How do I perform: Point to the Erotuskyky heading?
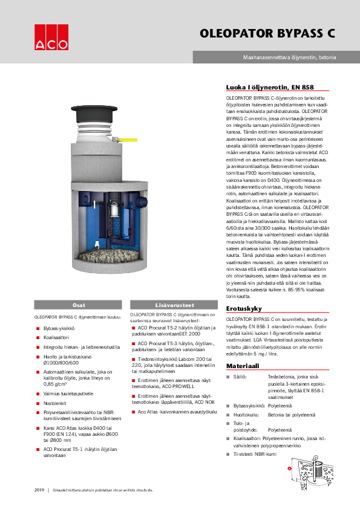tap(243, 309)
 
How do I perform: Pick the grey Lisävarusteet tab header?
tap(171, 306)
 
